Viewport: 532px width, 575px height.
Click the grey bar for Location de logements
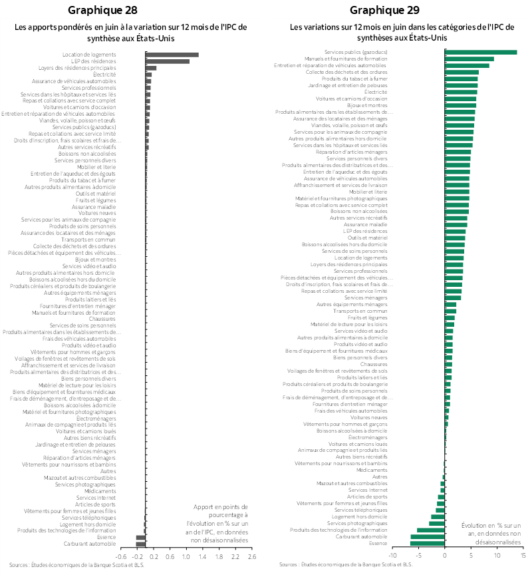pyautogui.click(x=172, y=55)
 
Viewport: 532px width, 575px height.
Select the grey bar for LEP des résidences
pyautogui.click(x=167, y=61)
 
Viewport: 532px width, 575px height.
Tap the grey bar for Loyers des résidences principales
pyautogui.click(x=151, y=68)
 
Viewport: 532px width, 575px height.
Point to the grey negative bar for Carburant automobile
pyautogui.click(x=140, y=544)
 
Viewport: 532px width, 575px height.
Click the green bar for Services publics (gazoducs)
pyautogui.click(x=481, y=52)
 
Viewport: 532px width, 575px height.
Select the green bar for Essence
pyautogui.click(x=428, y=543)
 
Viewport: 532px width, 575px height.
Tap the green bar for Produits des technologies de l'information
pyautogui.click(x=431, y=530)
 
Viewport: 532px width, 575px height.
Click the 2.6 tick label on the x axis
pyautogui.click(x=251, y=556)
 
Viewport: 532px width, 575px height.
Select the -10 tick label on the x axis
pyautogui.click(x=392, y=555)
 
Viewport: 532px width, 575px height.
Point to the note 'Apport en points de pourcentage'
pyautogui.click(x=220, y=523)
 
